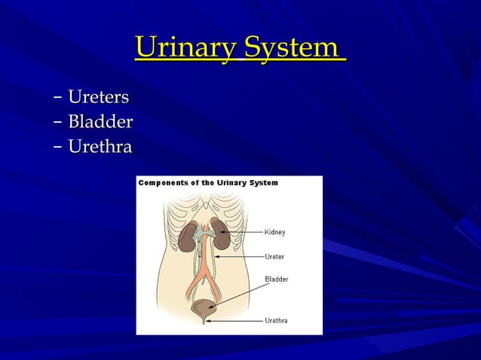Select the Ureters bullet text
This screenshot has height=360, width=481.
[x=98, y=97]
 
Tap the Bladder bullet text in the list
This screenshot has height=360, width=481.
[x=100, y=121]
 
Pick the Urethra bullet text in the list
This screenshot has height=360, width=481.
[x=100, y=145]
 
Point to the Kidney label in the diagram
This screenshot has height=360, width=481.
[x=274, y=232]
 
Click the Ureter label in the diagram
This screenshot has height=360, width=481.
[x=274, y=256]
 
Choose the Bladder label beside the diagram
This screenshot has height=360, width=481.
[x=276, y=279]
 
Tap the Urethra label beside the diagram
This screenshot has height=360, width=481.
[x=275, y=321]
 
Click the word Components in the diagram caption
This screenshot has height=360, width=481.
[x=163, y=183]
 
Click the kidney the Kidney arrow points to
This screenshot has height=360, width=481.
[x=221, y=231]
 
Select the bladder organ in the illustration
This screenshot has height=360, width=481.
[x=204, y=308]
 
